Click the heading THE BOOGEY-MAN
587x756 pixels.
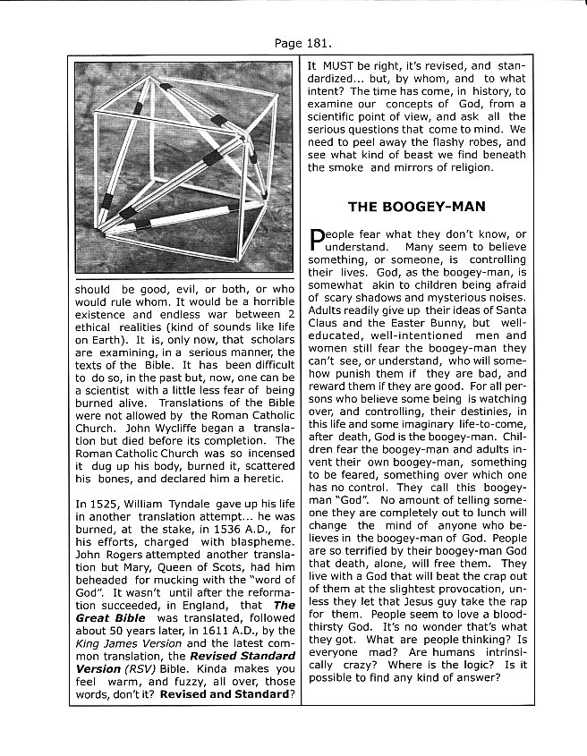[416, 207]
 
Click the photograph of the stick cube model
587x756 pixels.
[183, 161]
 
